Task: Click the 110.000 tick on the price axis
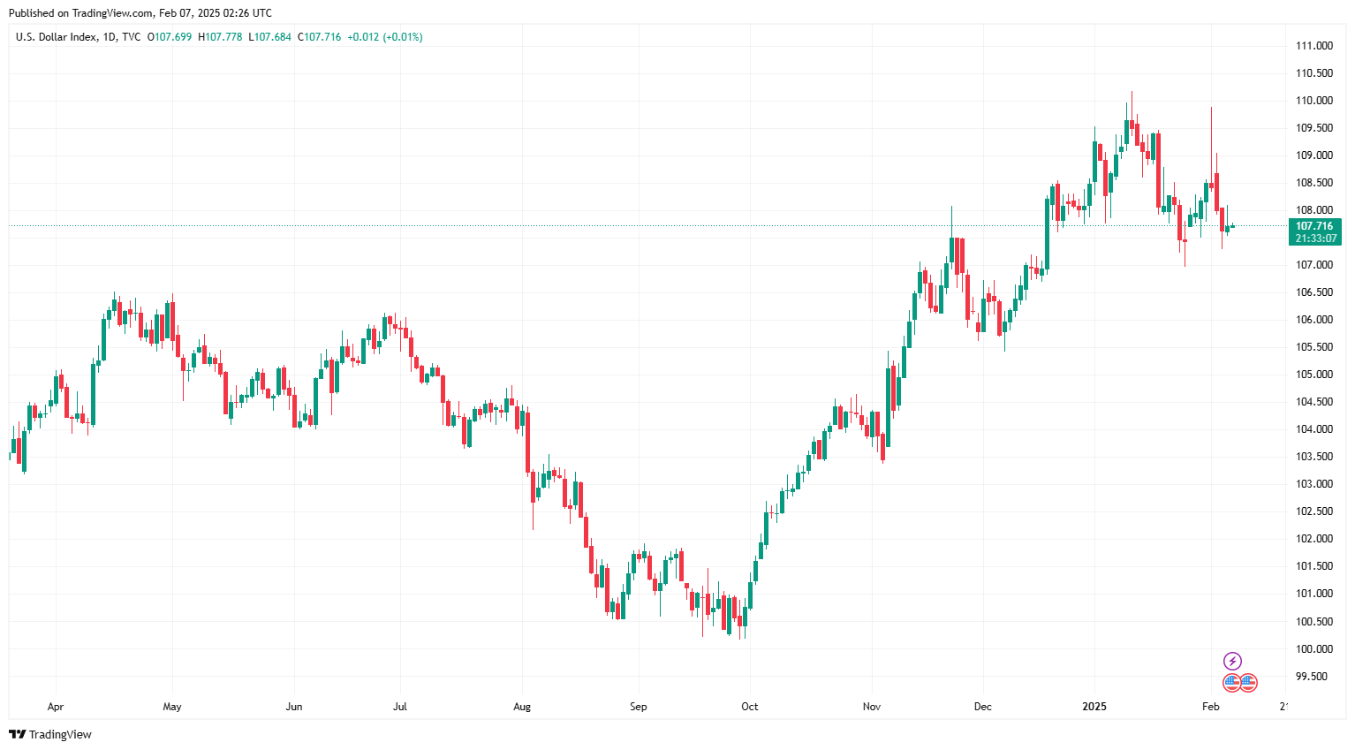pyautogui.click(x=1313, y=101)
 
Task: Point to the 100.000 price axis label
pyautogui.click(x=1313, y=649)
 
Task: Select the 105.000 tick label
pyautogui.click(x=1313, y=375)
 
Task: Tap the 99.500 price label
pyautogui.click(x=1311, y=677)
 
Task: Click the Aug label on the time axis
pyautogui.click(x=522, y=707)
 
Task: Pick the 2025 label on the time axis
pyautogui.click(x=1094, y=707)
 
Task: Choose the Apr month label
pyautogui.click(x=56, y=707)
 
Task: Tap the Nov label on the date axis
pyautogui.click(x=872, y=707)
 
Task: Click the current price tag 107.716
pyautogui.click(x=1314, y=226)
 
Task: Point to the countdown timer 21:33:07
pyautogui.click(x=1314, y=239)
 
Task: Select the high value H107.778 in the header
pyautogui.click(x=220, y=37)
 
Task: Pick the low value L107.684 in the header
pyautogui.click(x=269, y=37)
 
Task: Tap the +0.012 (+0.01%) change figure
pyautogui.click(x=385, y=37)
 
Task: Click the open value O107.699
pyautogui.click(x=169, y=37)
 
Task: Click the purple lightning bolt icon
pyautogui.click(x=1232, y=661)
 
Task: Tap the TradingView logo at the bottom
pyautogui.click(x=50, y=734)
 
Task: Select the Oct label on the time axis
pyautogui.click(x=750, y=707)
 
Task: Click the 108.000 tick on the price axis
pyautogui.click(x=1313, y=210)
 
